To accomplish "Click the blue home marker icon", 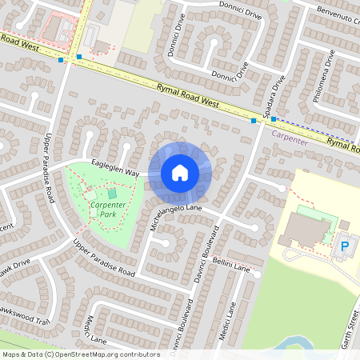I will [180, 172].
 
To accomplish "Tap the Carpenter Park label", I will [107, 210].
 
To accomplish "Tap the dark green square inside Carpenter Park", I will [111, 193].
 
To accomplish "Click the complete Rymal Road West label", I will [188, 97].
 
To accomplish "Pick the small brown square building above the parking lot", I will [344, 225].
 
